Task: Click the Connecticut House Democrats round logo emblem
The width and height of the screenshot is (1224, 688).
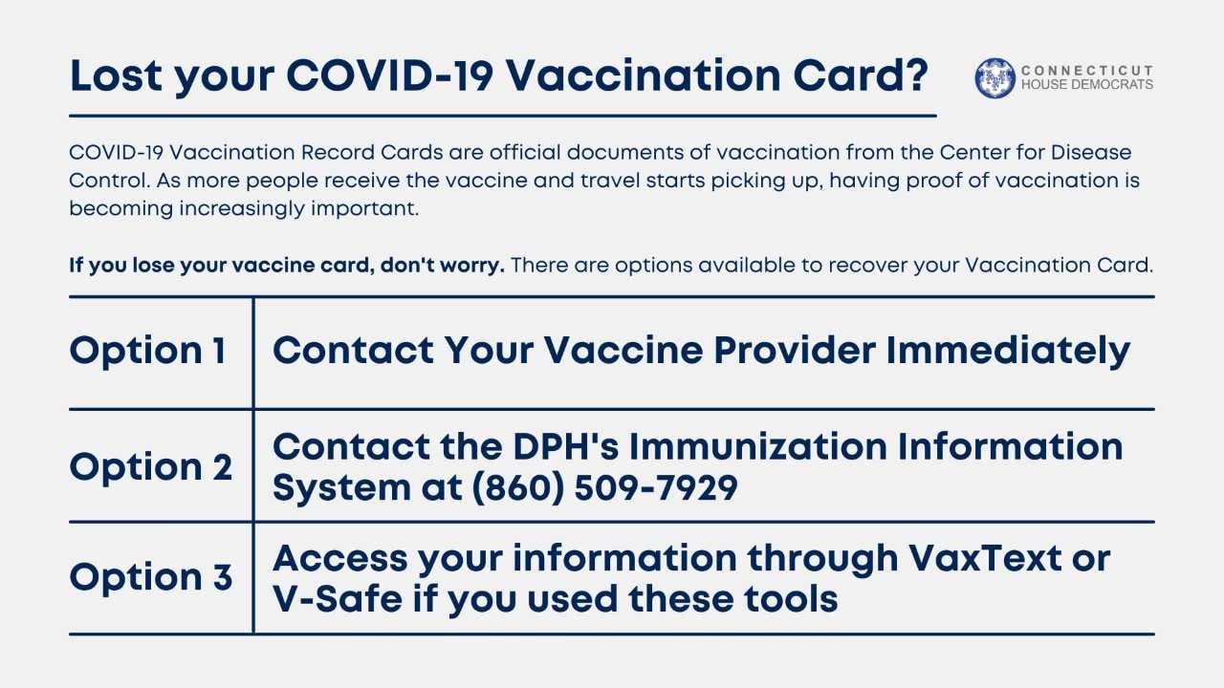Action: point(994,77)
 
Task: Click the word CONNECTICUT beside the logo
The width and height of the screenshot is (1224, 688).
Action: point(1087,71)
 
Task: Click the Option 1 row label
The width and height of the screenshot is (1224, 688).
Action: point(148,351)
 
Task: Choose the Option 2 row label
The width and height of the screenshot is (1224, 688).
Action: point(151,466)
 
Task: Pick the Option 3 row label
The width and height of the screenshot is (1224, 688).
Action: point(151,577)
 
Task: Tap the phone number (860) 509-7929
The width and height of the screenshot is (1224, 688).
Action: point(602,487)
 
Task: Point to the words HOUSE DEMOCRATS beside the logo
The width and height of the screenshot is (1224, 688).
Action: point(1087,85)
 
